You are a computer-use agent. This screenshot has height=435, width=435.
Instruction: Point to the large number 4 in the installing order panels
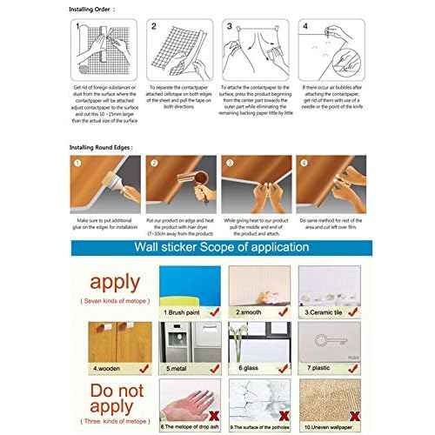pos(304,27)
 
